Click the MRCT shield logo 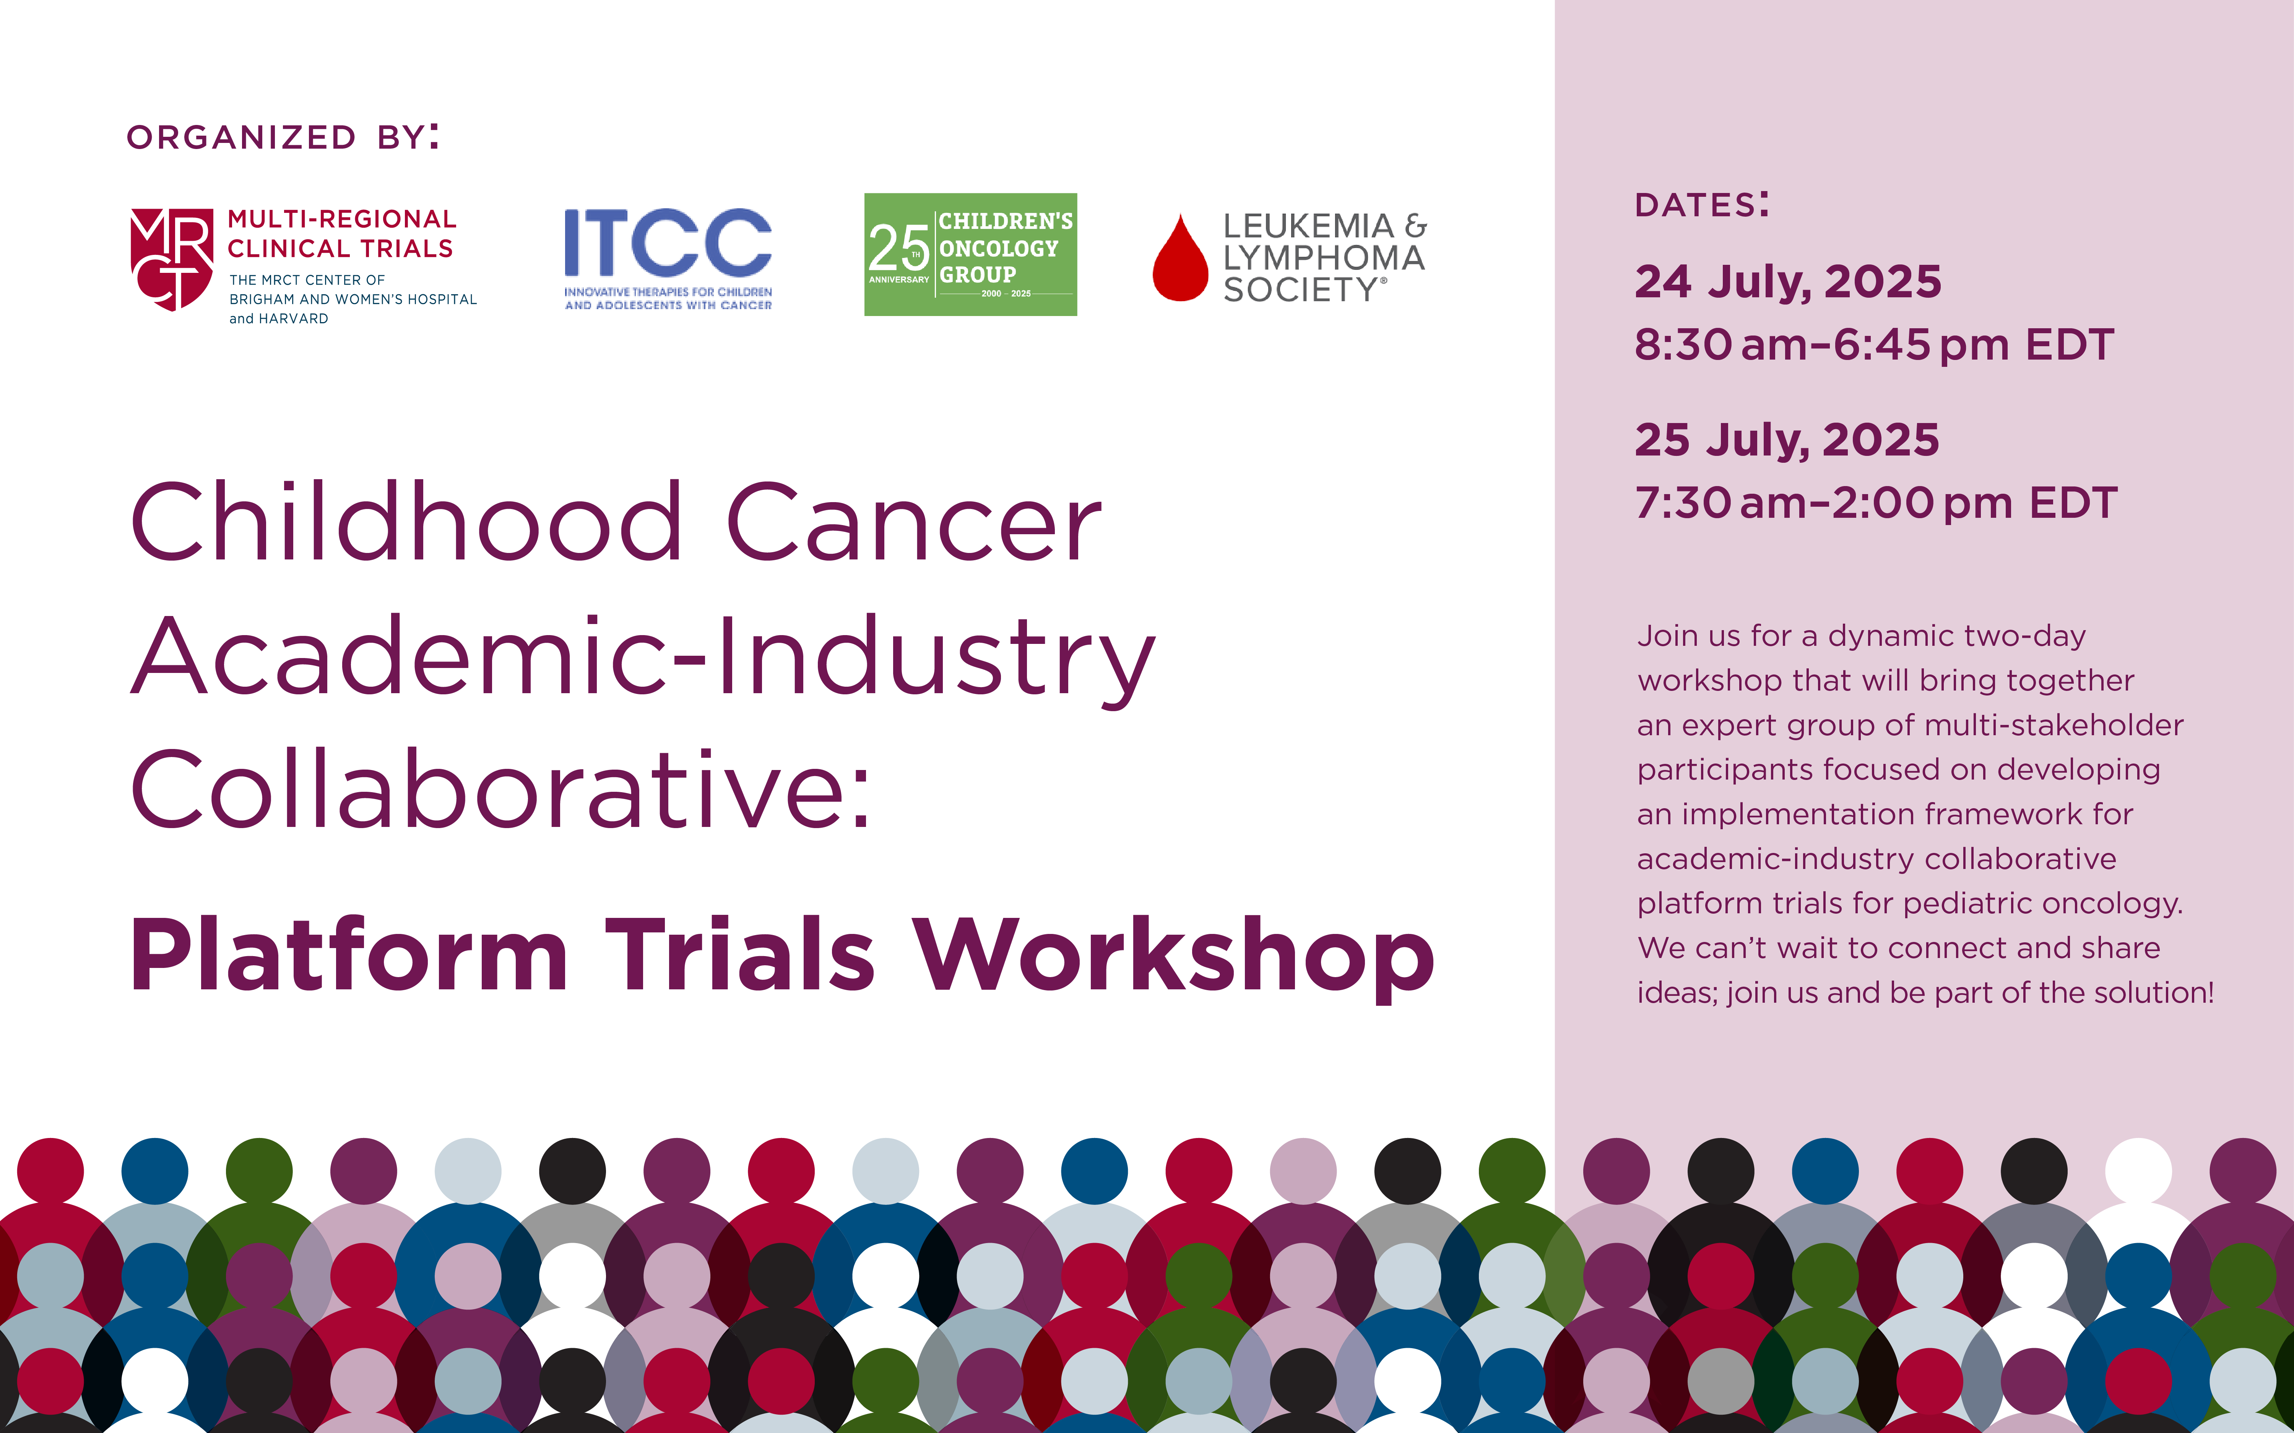click(x=172, y=259)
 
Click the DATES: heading click(x=1701, y=205)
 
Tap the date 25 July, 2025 click(x=1787, y=440)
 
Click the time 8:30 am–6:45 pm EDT click(x=1874, y=345)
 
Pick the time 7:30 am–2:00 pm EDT click(x=1876, y=503)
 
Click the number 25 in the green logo click(x=898, y=248)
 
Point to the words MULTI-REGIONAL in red click(x=342, y=219)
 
